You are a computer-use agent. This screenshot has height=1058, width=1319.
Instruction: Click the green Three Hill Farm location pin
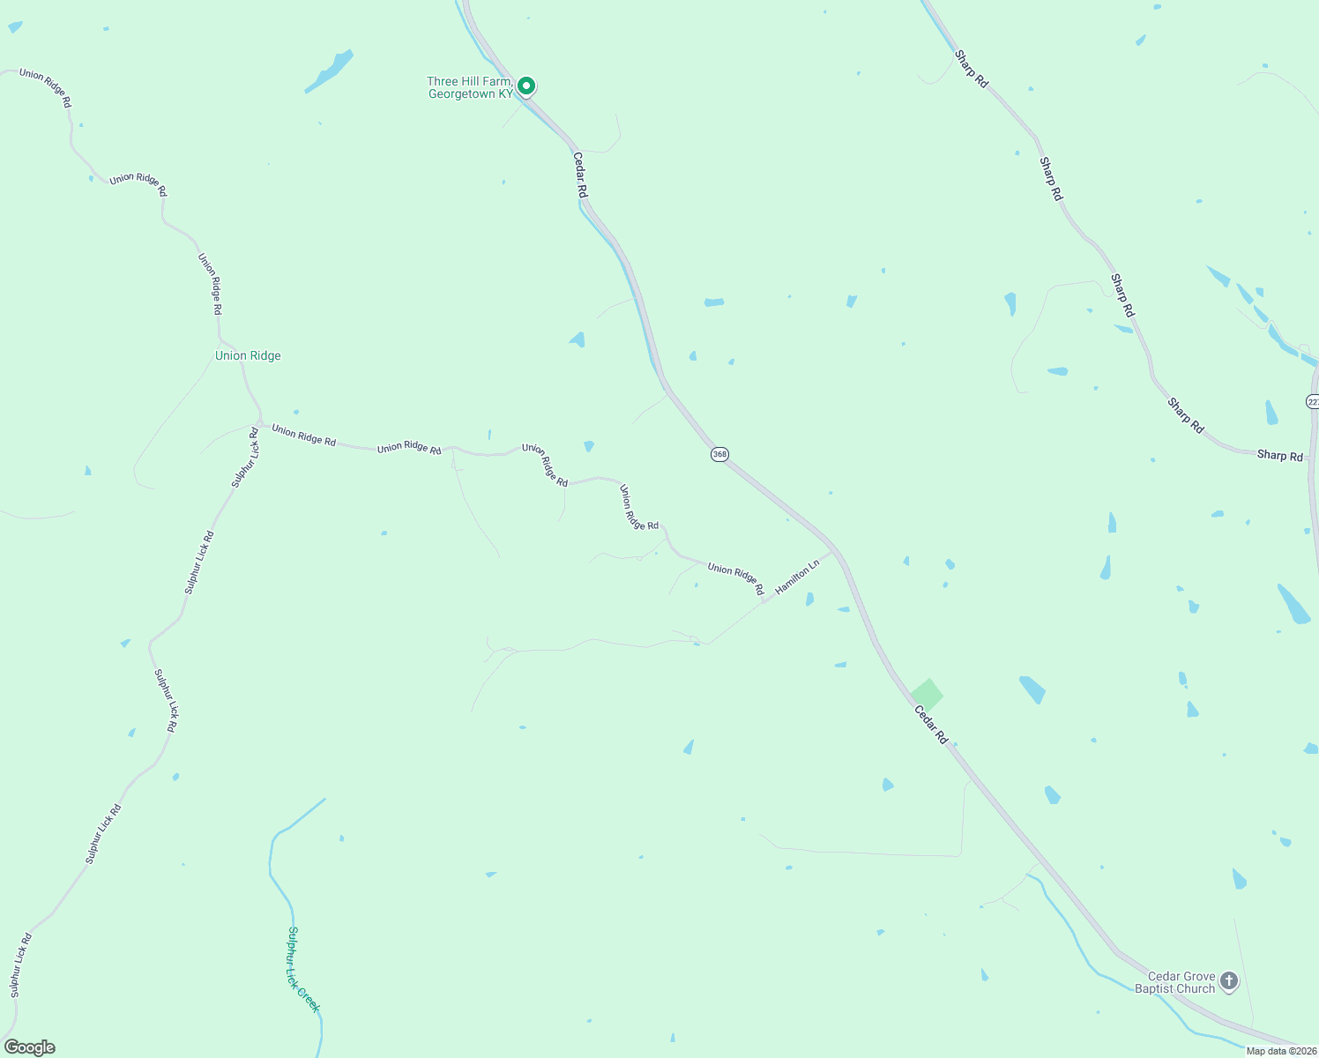tap(526, 86)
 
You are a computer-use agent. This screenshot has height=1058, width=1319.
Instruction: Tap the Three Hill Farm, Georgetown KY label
tap(470, 88)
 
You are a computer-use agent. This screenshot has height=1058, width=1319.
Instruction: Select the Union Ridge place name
tap(248, 356)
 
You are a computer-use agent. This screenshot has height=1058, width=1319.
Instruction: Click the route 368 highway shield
tap(719, 454)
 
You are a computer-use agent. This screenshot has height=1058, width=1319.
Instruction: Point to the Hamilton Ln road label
tap(797, 577)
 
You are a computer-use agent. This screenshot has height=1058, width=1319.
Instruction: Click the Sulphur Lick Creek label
tap(302, 969)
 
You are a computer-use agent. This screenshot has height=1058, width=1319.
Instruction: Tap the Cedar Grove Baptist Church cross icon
tap(1228, 980)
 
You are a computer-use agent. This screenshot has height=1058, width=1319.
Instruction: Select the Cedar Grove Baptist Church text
tap(1176, 983)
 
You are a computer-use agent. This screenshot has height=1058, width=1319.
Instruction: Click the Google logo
tap(30, 1047)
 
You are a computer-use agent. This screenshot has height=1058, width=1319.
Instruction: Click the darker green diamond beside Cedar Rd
tap(927, 695)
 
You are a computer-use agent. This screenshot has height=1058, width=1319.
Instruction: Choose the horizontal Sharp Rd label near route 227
tap(1279, 456)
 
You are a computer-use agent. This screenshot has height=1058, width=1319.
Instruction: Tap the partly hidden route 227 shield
tap(1313, 401)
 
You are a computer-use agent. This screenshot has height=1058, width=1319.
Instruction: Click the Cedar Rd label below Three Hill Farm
tap(579, 175)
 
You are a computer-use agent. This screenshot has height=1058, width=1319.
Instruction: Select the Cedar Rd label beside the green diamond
tap(931, 726)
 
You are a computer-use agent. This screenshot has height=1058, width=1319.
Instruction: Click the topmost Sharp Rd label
tap(972, 69)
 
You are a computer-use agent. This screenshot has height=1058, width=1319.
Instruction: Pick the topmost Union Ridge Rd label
tap(45, 87)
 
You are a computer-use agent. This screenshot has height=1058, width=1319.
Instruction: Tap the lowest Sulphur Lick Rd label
tap(21, 965)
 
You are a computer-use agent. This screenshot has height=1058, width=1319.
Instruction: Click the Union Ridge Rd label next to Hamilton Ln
tap(735, 578)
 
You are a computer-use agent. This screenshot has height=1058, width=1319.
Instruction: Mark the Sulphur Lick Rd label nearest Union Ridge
tap(246, 458)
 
